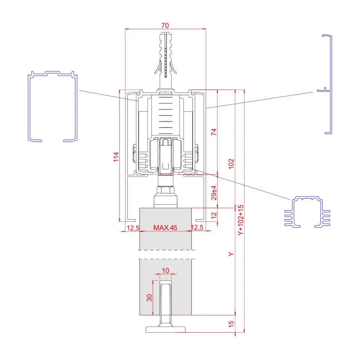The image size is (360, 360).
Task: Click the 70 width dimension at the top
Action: pos(165,25)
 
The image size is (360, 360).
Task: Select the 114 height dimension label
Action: pos(116,157)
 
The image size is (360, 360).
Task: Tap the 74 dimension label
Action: pos(214,132)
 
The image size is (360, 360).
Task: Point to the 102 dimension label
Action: pos(231,163)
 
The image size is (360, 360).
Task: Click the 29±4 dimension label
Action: pos(214,193)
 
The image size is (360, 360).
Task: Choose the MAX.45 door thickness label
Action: pos(165,227)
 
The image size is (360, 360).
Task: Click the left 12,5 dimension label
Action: pos(133,228)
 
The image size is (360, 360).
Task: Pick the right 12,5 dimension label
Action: pos(197,227)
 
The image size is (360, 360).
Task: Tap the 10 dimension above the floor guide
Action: pos(165,271)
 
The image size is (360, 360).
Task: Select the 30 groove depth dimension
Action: pos(149,298)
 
